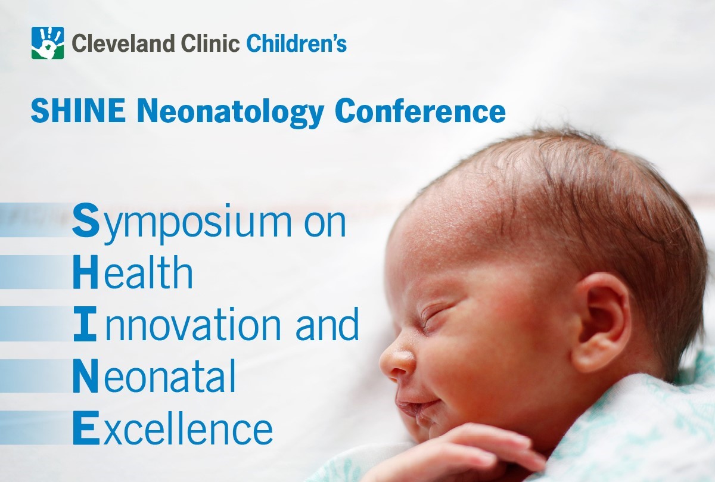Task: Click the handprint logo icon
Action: [x=48, y=43]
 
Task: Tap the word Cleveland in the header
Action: [x=123, y=43]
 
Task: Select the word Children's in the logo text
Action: [x=297, y=43]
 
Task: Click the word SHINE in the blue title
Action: [x=78, y=110]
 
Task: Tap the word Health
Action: [x=133, y=272]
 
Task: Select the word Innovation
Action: [x=177, y=324]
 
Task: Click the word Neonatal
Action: [x=154, y=375]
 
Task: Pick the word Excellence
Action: [x=173, y=428]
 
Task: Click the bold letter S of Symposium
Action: [x=86, y=220]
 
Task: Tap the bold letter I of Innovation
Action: [x=85, y=324]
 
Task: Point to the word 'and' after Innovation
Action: [x=327, y=324]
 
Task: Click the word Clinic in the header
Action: [x=210, y=43]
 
